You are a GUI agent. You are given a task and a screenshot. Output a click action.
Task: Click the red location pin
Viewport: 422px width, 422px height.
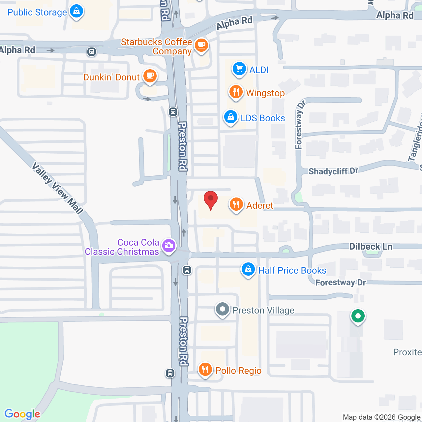211,200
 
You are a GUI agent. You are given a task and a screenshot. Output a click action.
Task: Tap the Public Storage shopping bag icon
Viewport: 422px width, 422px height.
76,12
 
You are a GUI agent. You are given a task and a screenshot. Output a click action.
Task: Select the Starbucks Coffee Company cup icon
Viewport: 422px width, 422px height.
201,45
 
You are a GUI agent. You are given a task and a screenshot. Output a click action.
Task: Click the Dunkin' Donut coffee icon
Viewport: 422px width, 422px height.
150,76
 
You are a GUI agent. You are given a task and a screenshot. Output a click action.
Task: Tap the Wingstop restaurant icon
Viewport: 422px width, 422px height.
236,92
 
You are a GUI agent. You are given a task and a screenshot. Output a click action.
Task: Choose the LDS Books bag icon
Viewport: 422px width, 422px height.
231,117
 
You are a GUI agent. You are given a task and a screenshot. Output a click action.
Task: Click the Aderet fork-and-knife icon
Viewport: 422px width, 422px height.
236,205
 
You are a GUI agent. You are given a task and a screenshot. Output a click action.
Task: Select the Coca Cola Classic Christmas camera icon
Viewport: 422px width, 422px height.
169,246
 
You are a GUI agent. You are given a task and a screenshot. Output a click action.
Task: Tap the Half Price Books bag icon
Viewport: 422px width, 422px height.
248,270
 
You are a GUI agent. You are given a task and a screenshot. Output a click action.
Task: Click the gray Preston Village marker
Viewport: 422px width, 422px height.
223,310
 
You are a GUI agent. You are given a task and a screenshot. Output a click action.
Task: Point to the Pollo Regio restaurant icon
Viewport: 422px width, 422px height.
205,370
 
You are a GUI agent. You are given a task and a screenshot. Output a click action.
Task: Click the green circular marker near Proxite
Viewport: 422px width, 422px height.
358,316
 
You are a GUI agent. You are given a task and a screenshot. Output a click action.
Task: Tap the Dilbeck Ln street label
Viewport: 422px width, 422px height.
371,247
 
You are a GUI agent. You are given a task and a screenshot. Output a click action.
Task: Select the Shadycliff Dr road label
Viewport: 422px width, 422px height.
333,171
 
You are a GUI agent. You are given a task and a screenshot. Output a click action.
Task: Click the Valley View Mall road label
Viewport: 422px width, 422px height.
57,188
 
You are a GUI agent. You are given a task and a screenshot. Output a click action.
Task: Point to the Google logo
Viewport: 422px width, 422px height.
22,414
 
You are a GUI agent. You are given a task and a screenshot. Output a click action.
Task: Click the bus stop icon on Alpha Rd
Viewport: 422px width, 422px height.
92,52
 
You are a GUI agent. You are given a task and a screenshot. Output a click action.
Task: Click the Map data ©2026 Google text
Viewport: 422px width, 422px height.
381,417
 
